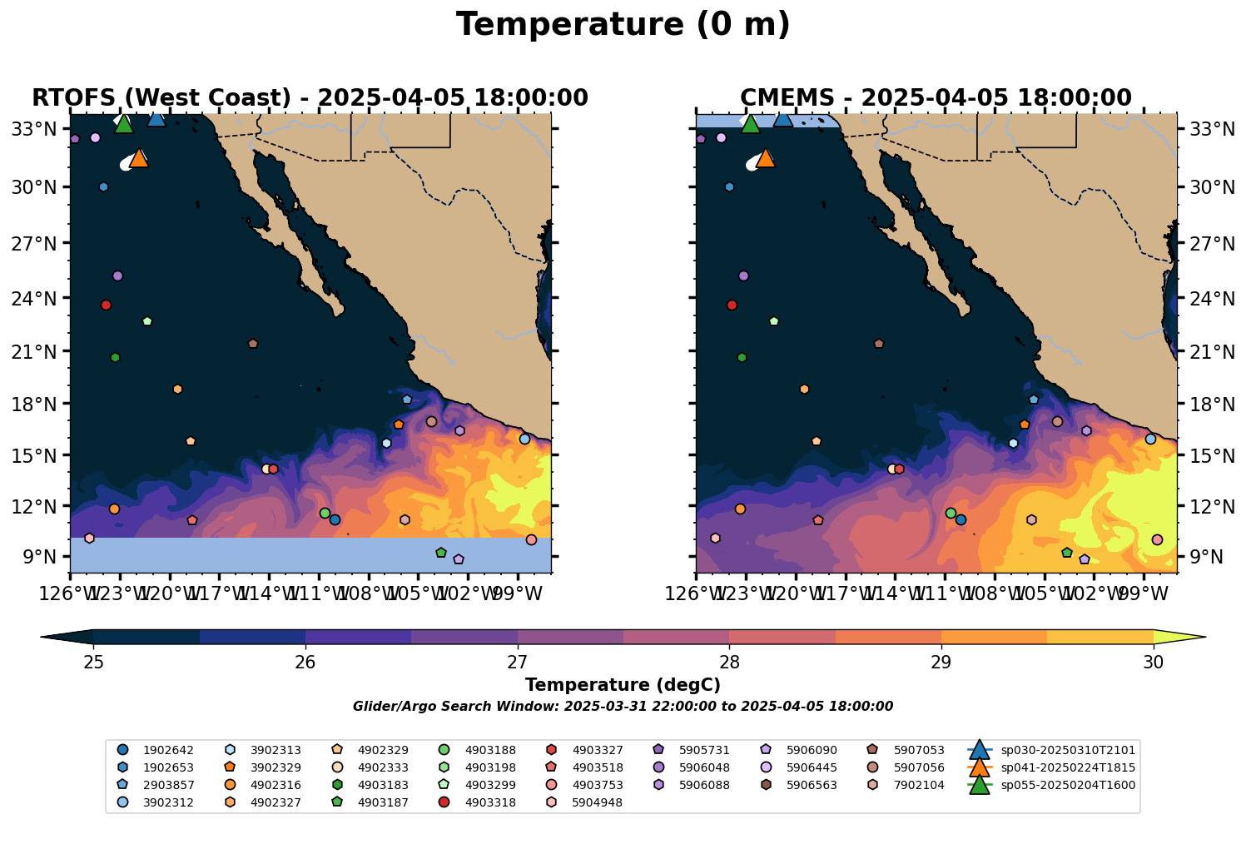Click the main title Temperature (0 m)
[x=623, y=25]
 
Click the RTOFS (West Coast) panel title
[x=310, y=98]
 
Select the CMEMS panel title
[x=936, y=98]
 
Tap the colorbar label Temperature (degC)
[x=623, y=685]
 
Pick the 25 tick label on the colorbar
[x=93, y=663]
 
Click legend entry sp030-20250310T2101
[x=1068, y=750]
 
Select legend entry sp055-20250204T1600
[x=1068, y=785]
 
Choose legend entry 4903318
[x=489, y=802]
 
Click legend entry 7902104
[x=918, y=785]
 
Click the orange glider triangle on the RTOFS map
[x=139, y=158]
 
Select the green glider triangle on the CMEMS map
[x=750, y=125]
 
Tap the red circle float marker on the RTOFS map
[x=106, y=305]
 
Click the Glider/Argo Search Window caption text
[x=623, y=707]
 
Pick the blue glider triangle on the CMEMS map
[x=782, y=118]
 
